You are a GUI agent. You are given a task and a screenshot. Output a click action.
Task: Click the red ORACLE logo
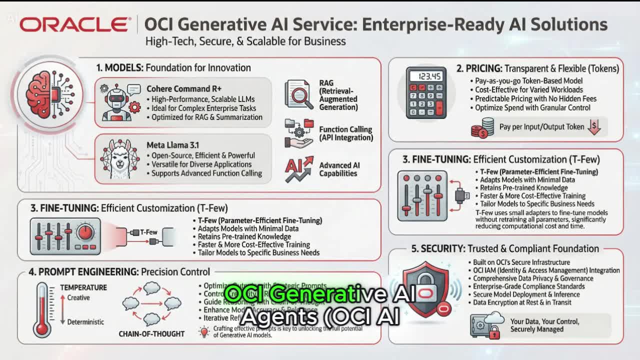[74, 24]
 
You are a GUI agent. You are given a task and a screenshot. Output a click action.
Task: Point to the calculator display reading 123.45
[426, 76]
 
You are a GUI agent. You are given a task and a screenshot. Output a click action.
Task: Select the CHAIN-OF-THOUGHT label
[151, 333]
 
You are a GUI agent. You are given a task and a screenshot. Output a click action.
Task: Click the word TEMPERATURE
[83, 287]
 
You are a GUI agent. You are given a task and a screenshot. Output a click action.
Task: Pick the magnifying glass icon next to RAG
[299, 95]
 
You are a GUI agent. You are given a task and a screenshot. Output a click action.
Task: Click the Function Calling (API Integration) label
[346, 133]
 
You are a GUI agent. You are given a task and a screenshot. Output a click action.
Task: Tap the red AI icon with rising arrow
[298, 169]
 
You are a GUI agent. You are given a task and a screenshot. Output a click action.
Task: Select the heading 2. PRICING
[478, 68]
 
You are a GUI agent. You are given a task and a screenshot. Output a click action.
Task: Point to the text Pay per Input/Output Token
[541, 127]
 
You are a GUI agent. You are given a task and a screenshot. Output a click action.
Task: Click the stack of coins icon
[482, 128]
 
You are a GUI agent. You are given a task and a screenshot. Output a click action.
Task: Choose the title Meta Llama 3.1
[173, 145]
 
